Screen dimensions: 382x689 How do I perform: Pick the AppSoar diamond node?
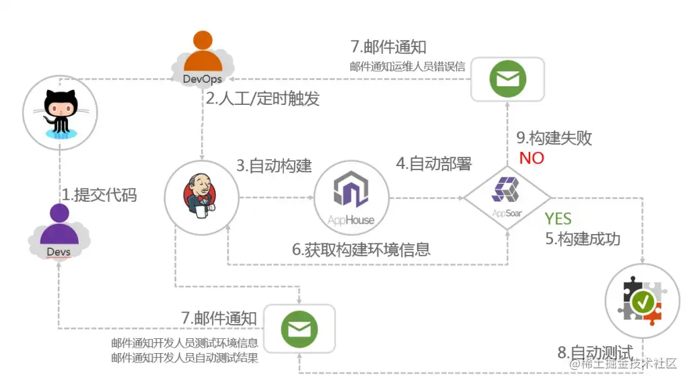pyautogui.click(x=506, y=197)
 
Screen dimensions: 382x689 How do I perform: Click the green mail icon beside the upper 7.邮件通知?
pyautogui.click(x=507, y=79)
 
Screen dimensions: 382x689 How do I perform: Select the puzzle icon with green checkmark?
pyautogui.click(x=643, y=300)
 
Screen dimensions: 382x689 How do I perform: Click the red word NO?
pyautogui.click(x=532, y=159)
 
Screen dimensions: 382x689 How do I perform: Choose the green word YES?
pyautogui.click(x=558, y=219)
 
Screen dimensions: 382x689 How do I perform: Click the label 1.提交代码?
pyautogui.click(x=100, y=195)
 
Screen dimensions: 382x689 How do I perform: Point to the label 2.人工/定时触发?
pyautogui.click(x=262, y=99)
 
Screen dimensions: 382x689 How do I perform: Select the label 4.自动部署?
pyautogui.click(x=433, y=163)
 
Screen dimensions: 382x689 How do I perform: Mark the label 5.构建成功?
pyautogui.click(x=582, y=239)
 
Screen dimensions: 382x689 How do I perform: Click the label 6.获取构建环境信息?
pyautogui.click(x=361, y=250)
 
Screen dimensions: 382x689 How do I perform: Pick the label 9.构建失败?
pyautogui.click(x=554, y=138)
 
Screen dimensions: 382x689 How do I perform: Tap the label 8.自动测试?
pyautogui.click(x=595, y=352)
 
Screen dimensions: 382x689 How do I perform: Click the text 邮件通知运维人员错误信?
pyautogui.click(x=407, y=66)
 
